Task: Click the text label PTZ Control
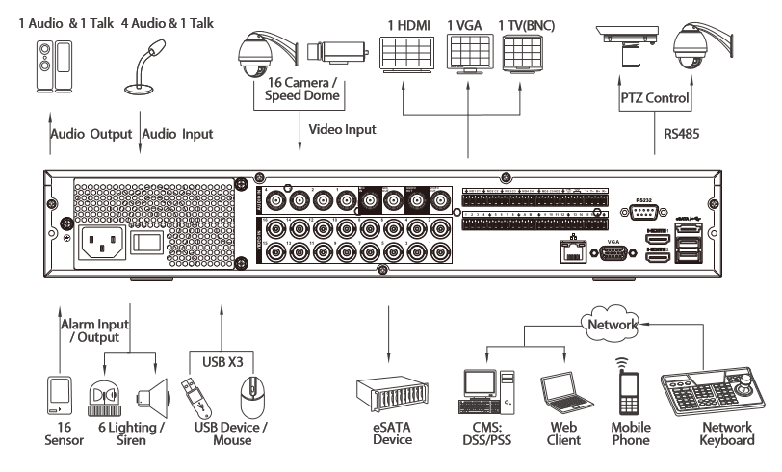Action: click(655, 97)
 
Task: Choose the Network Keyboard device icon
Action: click(714, 387)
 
